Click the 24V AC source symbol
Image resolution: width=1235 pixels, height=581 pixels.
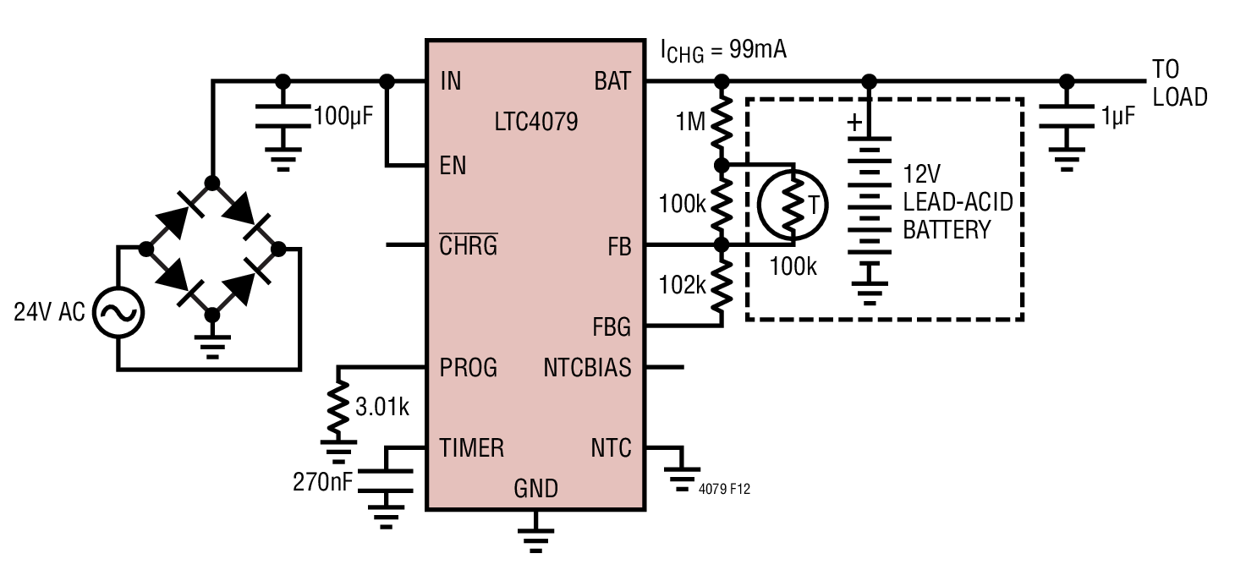[x=118, y=313]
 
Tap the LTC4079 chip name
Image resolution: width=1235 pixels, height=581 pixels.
[x=536, y=122]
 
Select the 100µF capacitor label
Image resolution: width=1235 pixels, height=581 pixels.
[x=343, y=117]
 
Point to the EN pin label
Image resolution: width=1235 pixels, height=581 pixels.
[x=453, y=166]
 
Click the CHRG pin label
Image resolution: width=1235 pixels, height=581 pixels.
[x=469, y=244]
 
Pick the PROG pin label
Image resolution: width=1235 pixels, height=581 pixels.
[x=468, y=368]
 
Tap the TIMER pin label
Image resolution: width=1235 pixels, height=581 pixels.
[x=471, y=448]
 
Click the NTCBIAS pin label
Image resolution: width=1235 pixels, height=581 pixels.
[x=587, y=368]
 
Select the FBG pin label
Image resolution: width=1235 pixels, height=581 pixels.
[x=612, y=327]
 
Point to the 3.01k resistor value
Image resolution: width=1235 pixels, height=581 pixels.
[x=382, y=408]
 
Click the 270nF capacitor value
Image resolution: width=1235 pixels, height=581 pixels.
[x=322, y=482]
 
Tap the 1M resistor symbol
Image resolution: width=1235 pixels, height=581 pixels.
[x=722, y=123]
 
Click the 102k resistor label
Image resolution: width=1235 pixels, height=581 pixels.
[x=683, y=285]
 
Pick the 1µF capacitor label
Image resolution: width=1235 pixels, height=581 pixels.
[x=1118, y=117]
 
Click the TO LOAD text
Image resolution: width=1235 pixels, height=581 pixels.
[x=1180, y=83]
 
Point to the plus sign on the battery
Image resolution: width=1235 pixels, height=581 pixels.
[x=854, y=123]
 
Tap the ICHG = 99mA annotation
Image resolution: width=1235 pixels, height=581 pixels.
[x=723, y=52]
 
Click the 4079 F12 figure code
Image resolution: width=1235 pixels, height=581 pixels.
[x=724, y=489]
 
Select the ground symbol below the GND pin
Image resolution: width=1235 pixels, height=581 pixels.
[x=535, y=532]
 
